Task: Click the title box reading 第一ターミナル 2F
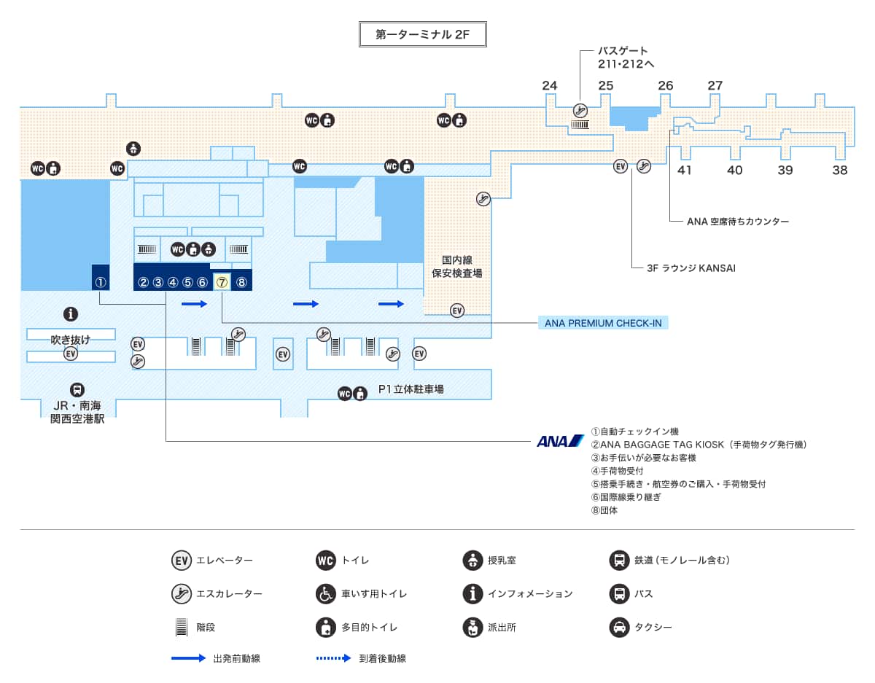pyautogui.click(x=423, y=34)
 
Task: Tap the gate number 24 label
pyautogui.click(x=550, y=85)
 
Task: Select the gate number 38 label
pyautogui.click(x=840, y=170)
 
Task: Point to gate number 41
pyautogui.click(x=684, y=170)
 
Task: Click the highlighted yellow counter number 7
pyautogui.click(x=222, y=282)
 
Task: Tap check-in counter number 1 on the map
pyautogui.click(x=101, y=282)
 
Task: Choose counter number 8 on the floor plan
pyautogui.click(x=242, y=282)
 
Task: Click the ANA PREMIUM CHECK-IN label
pyautogui.click(x=603, y=323)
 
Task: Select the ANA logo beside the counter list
pyautogui.click(x=560, y=441)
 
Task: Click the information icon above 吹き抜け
pyautogui.click(x=71, y=314)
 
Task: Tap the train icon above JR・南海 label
pyautogui.click(x=77, y=390)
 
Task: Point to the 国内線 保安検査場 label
pyautogui.click(x=462, y=266)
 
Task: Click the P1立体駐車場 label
pyautogui.click(x=411, y=390)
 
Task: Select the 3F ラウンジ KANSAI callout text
pyautogui.click(x=691, y=268)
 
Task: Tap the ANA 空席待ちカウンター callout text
pyautogui.click(x=738, y=221)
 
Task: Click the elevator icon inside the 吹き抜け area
pyautogui.click(x=71, y=354)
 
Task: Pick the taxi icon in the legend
pyautogui.click(x=619, y=627)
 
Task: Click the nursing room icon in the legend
pyautogui.click(x=472, y=561)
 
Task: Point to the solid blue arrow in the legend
pyautogui.click(x=189, y=658)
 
